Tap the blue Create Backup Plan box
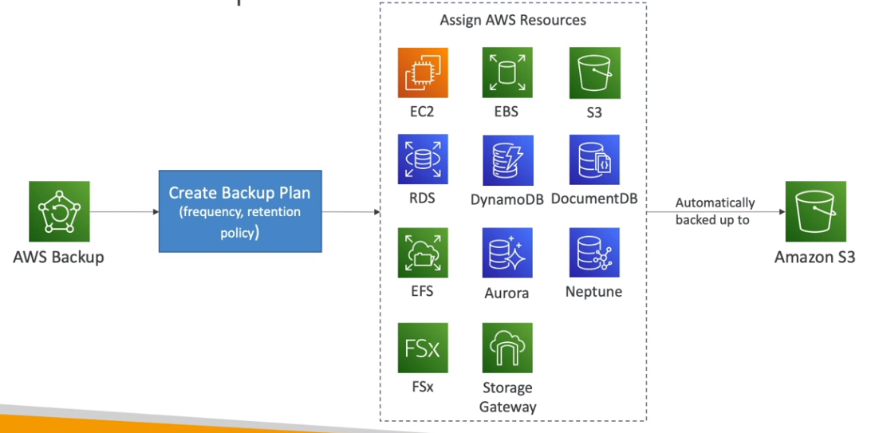point(239,211)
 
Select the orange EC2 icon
point(423,73)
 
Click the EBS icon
point(507,73)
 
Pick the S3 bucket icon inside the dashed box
point(594,73)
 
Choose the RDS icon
point(423,159)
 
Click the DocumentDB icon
point(594,159)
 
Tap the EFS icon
point(423,253)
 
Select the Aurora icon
point(507,253)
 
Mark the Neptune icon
point(594,253)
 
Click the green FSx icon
point(423,348)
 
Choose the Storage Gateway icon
point(507,348)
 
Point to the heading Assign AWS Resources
point(513,20)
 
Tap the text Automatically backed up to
point(715,211)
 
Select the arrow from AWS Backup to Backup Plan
point(124,211)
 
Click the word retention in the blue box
point(273,211)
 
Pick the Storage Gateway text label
point(507,396)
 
